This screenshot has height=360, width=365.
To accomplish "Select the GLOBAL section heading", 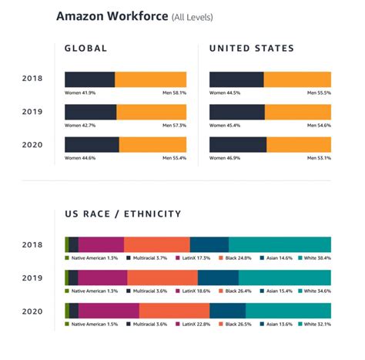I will click(x=85, y=49).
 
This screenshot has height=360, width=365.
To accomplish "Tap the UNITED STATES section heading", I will click(x=252, y=49).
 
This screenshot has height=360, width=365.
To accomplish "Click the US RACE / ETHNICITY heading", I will click(x=122, y=214).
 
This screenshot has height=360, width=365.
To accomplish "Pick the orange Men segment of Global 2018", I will click(x=150, y=79).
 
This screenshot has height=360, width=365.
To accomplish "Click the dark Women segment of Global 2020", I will click(x=92, y=144).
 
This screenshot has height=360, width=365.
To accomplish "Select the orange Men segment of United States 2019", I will click(x=298, y=112).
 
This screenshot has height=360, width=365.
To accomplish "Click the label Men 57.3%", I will click(x=174, y=125).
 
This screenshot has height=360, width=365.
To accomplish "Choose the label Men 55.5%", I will click(x=319, y=93).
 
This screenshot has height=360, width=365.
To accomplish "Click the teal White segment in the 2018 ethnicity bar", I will click(x=280, y=244).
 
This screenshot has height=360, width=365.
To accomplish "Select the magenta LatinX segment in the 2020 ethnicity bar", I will click(x=109, y=310).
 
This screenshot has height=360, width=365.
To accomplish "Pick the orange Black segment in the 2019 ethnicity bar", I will click(x=162, y=277).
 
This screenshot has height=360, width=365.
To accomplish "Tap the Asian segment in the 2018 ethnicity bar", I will click(x=209, y=244).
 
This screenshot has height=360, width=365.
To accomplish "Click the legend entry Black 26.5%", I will click(x=238, y=324).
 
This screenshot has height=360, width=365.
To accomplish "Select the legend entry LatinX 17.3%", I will click(x=196, y=257).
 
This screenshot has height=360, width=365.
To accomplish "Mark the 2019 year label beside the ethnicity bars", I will click(x=32, y=277).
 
